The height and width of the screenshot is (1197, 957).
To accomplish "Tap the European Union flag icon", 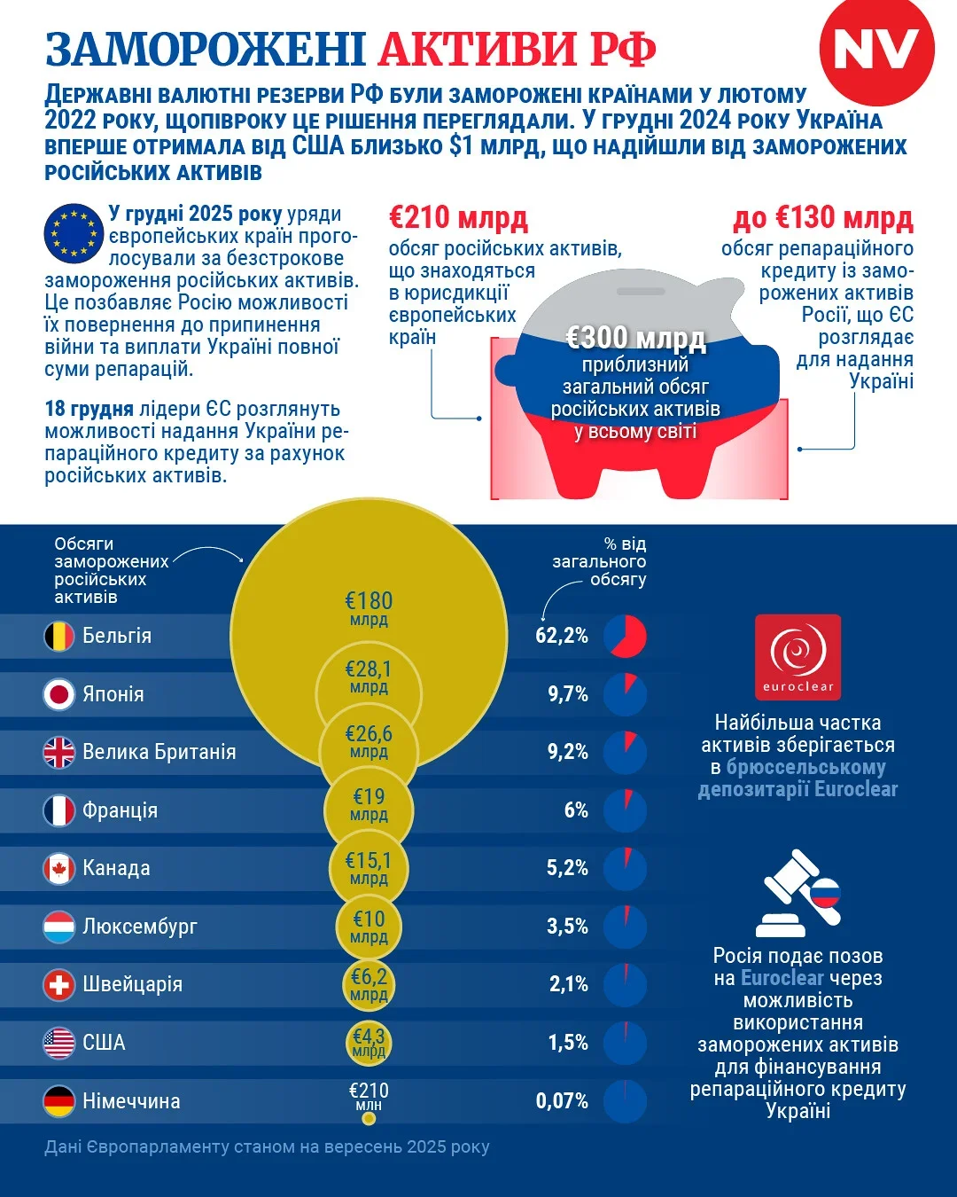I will tap(74, 233).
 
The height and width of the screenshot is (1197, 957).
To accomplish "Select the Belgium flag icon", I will tap(59, 636).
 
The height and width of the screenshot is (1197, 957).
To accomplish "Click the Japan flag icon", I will tap(59, 694).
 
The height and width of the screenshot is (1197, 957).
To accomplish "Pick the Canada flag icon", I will tap(59, 868).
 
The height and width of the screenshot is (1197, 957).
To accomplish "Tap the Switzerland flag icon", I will tap(59, 984).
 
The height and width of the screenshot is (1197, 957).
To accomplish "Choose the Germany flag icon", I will tap(59, 1101).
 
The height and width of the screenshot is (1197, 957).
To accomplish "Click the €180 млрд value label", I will tap(369, 607).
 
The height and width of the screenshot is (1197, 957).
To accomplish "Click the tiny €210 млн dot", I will tap(369, 1118).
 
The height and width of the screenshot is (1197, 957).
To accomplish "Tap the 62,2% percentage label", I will tap(562, 636).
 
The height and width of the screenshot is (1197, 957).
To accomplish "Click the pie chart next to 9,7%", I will tap(626, 694).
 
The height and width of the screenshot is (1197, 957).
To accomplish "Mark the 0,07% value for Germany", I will tap(562, 1101).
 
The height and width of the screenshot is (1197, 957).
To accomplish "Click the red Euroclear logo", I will tap(797, 657).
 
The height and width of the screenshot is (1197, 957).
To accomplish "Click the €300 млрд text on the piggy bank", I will tap(635, 338).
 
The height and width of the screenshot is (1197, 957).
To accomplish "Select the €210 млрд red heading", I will tap(458, 217).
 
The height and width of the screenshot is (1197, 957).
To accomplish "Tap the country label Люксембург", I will tap(140, 927).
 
